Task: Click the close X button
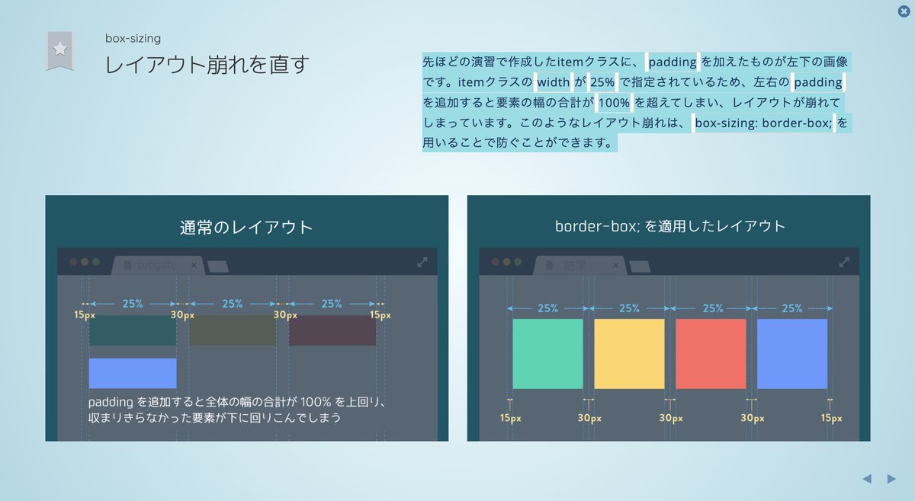pyautogui.click(x=904, y=11)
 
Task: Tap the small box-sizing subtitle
pyautogui.click(x=133, y=38)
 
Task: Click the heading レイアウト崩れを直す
pyautogui.click(x=207, y=65)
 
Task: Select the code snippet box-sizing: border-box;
pyautogui.click(x=763, y=123)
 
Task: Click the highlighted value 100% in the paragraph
pyautogui.click(x=614, y=102)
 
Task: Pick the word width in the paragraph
pyautogui.click(x=553, y=82)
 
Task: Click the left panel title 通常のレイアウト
pyautogui.click(x=246, y=227)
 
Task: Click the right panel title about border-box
pyautogui.click(x=670, y=226)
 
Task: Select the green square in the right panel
pyautogui.click(x=547, y=354)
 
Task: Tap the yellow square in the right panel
pyautogui.click(x=629, y=354)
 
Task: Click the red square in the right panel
pyautogui.click(x=711, y=354)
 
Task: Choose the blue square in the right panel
pyautogui.click(x=792, y=354)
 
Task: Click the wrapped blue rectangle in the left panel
pyautogui.click(x=133, y=373)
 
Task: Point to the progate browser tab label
pyautogui.click(x=156, y=265)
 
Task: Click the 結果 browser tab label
pyautogui.click(x=574, y=266)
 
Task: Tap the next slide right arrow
pyautogui.click(x=891, y=479)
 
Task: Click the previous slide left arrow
pyautogui.click(x=867, y=479)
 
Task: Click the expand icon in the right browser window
pyautogui.click(x=844, y=263)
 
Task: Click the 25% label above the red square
pyautogui.click(x=712, y=308)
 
